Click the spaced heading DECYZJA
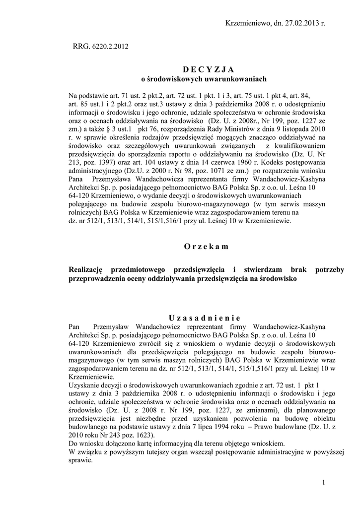click(x=205, y=69)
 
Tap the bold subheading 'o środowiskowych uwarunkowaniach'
click(x=205, y=79)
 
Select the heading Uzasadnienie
click(x=204, y=317)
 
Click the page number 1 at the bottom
click(x=323, y=483)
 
